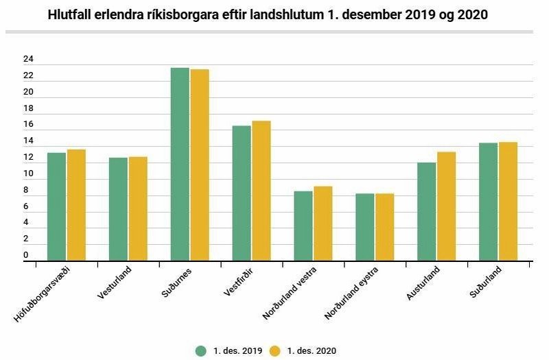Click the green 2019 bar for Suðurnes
180,165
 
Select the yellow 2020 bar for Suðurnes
200,165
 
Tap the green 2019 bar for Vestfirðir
242,193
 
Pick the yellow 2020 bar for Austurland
447,206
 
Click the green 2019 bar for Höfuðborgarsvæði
57,206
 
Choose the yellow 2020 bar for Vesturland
138,209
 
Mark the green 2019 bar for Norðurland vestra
303,226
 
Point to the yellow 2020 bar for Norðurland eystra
384,227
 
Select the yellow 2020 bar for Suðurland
508,202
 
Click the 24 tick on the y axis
27,59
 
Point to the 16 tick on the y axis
27,124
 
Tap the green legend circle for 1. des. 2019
201,350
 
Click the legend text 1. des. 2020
312,350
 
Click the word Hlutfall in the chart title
72,14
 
